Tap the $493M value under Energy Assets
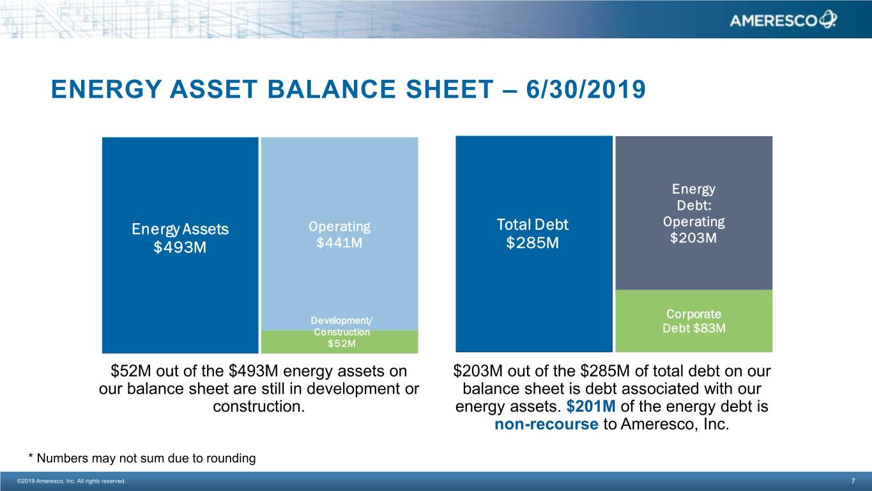click(180, 247)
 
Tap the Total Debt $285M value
click(532, 244)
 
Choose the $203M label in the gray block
click(693, 238)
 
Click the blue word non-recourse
click(546, 425)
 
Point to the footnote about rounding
click(142, 458)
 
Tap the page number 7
click(853, 481)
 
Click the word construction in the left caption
click(258, 407)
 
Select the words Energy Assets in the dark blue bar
click(180, 229)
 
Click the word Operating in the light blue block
click(339, 226)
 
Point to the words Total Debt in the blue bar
click(532, 224)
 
